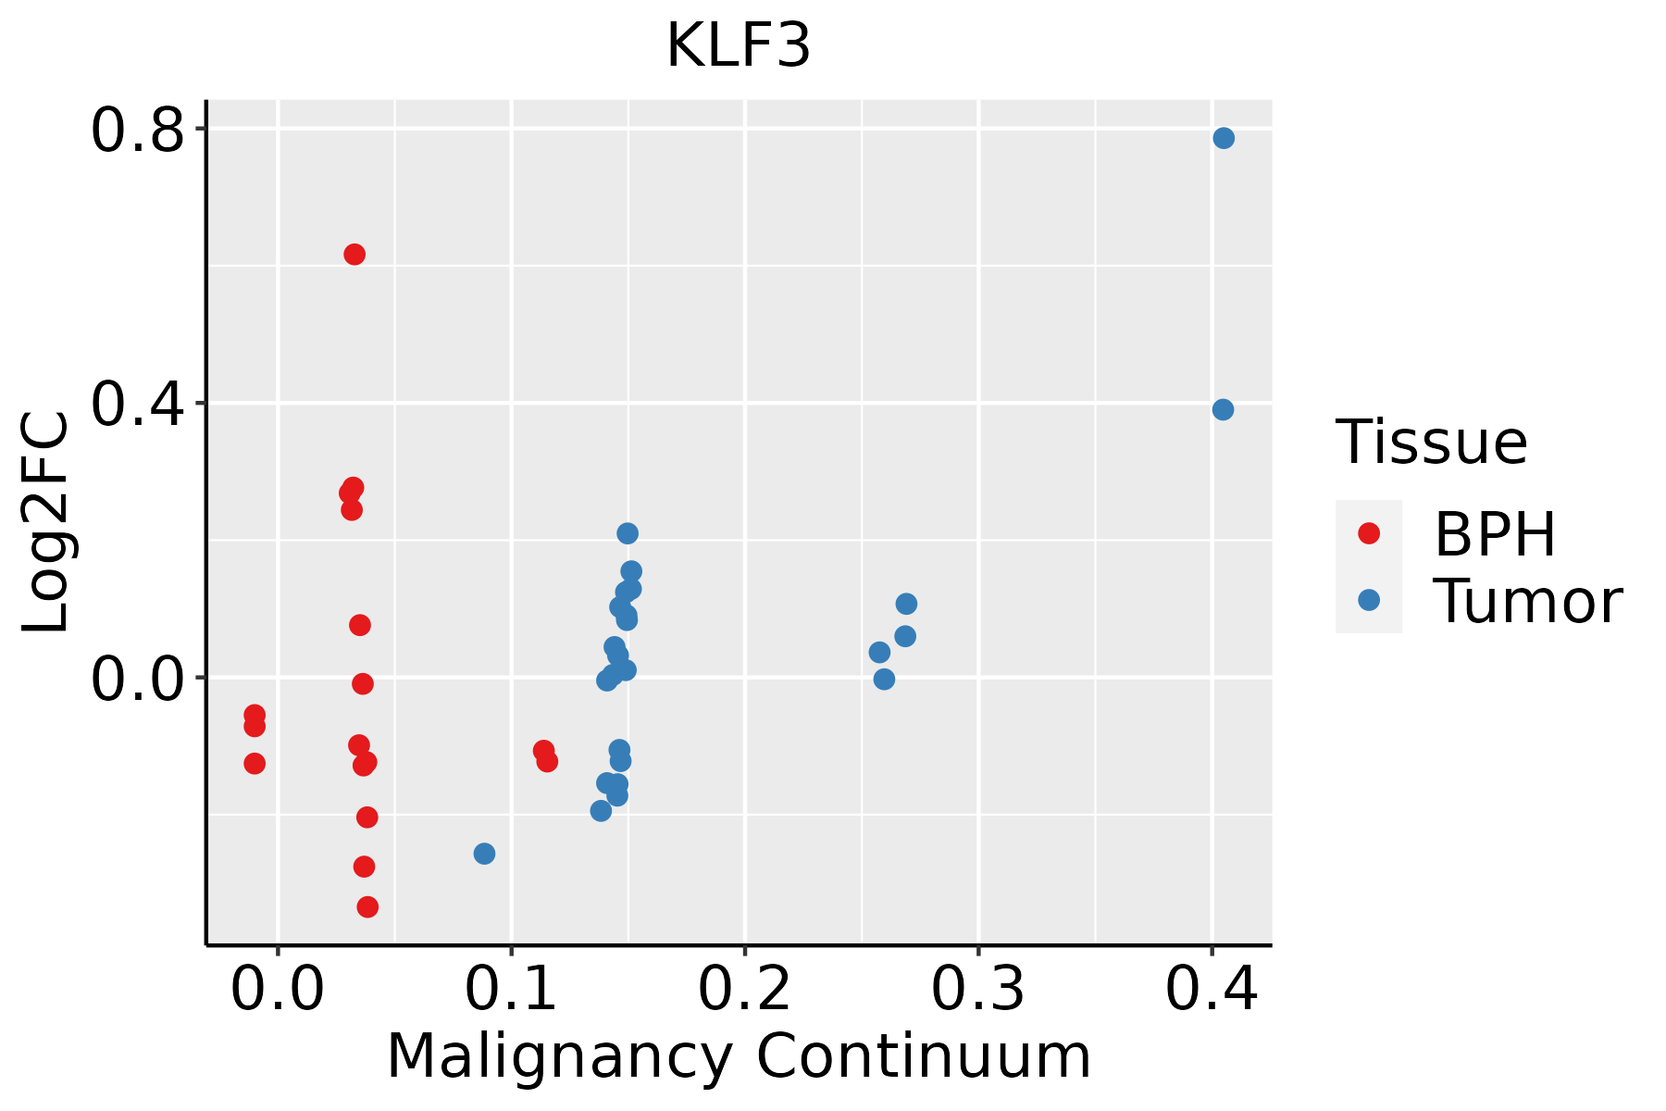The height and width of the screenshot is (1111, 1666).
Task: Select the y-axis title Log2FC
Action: (46, 523)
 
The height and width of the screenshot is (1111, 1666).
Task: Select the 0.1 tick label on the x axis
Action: (511, 989)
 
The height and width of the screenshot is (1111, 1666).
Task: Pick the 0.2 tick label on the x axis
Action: (744, 989)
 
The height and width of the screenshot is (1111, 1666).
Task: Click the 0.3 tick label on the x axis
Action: (977, 989)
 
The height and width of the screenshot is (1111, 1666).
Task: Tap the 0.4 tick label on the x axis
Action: (1211, 989)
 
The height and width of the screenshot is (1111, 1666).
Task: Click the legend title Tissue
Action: (1432, 443)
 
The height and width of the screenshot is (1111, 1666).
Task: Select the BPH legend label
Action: (1495, 534)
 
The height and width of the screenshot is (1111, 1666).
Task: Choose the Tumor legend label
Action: (1528, 602)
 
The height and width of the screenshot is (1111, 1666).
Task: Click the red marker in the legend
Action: (1368, 533)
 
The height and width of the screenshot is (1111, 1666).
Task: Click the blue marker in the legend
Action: (1368, 600)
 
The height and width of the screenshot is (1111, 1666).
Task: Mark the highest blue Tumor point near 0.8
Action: (1224, 138)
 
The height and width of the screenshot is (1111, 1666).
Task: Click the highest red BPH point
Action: (354, 255)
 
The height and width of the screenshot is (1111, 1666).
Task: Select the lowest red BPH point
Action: (367, 906)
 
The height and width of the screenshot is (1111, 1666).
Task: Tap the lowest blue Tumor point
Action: (484, 854)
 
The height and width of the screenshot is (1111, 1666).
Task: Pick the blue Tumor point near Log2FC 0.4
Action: (1223, 409)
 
